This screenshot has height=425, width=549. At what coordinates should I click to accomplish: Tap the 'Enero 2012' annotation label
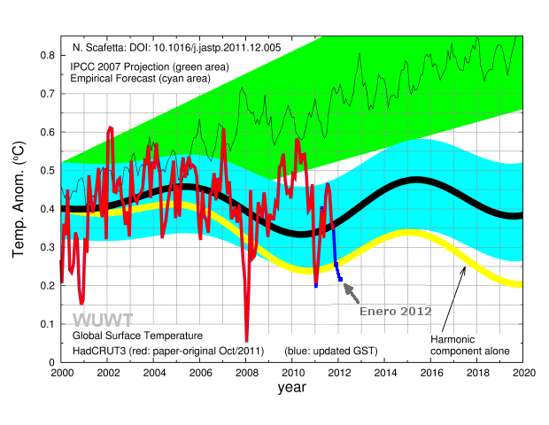(x=395, y=312)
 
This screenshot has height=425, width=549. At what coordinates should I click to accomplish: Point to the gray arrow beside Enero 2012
(x=352, y=290)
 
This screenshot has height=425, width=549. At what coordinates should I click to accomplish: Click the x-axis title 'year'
(x=291, y=388)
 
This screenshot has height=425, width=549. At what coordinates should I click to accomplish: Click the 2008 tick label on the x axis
(x=246, y=373)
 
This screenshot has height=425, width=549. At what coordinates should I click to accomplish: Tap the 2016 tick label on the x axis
(x=431, y=373)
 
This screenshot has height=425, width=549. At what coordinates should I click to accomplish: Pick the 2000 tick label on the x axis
(x=61, y=373)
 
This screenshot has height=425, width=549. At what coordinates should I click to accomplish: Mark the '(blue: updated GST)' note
(x=331, y=352)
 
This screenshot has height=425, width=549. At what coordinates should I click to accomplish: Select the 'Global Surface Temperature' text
(x=137, y=336)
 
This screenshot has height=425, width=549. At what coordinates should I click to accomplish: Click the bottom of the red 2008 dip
(x=246, y=340)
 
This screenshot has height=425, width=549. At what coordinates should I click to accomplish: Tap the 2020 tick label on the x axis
(x=523, y=373)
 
